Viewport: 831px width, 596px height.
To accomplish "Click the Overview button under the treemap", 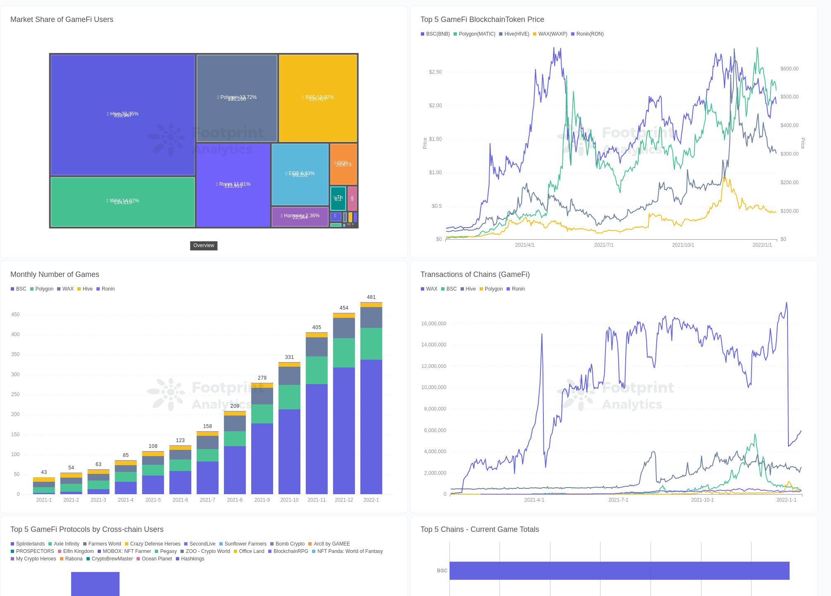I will point(204,245).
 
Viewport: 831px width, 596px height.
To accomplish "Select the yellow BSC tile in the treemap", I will point(318,98).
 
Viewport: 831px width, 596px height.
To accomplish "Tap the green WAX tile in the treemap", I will point(122,202).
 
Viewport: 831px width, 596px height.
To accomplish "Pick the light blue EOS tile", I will point(300,174).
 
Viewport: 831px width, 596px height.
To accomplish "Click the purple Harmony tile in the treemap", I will point(300,216).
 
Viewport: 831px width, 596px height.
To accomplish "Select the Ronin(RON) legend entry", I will point(587,34).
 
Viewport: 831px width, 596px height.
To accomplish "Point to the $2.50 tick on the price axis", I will point(435,72).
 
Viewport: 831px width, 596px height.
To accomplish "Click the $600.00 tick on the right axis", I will point(789,69).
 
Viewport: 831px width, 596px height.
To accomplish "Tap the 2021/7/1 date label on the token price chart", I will point(604,245).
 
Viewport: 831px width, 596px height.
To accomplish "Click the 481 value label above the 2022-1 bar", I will point(371,297).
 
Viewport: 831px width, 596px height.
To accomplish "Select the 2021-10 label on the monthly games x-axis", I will point(289,500).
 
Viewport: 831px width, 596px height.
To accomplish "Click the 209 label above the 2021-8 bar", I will point(235,406).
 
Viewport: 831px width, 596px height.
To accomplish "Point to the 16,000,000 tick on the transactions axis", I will point(434,324).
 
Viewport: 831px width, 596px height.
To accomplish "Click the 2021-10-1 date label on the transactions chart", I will point(702,500).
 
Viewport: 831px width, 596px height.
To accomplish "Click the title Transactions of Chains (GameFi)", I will point(475,274).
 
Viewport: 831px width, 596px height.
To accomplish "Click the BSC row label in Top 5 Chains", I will point(442,571).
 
